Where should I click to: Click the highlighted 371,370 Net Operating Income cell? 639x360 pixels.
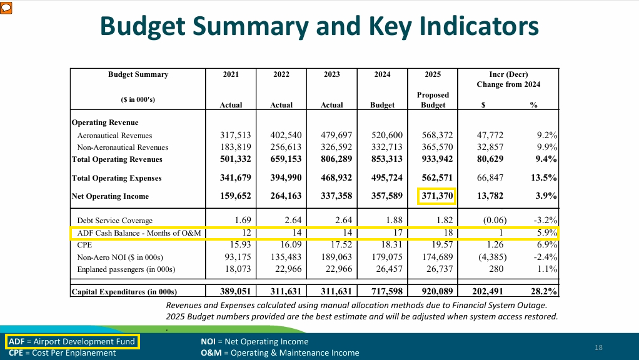coord(436,196)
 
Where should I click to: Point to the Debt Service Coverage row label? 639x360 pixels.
coord(114,221)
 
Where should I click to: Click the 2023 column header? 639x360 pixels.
coord(332,74)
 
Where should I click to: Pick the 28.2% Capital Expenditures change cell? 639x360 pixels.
coord(544,292)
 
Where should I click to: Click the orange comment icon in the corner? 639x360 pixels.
coord(6,6)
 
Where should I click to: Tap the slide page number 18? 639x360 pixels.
coord(598,347)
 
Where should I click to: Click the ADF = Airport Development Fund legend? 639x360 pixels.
coord(72,342)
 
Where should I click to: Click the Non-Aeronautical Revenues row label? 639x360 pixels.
coord(123,147)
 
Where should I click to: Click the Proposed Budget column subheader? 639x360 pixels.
coord(433,100)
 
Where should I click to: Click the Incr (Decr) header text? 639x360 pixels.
coord(508,74)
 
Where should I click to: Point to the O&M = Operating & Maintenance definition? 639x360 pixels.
coord(280,352)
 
